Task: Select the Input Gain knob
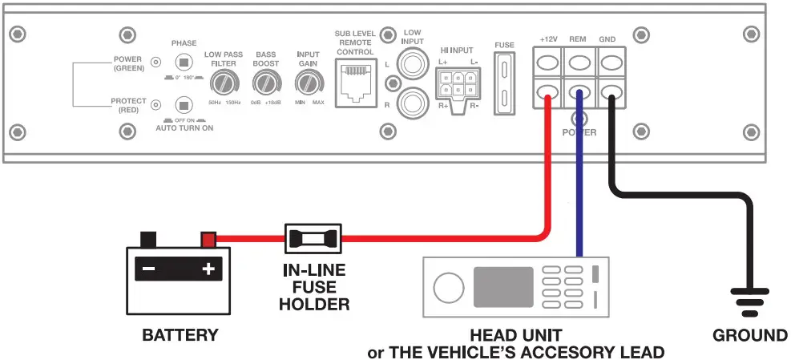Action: pyautogui.click(x=307, y=83)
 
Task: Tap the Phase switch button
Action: pyautogui.click(x=184, y=63)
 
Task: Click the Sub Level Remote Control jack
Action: pyautogui.click(x=353, y=80)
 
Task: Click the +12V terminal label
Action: pyautogui.click(x=548, y=38)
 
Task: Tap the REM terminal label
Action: pyautogui.click(x=578, y=38)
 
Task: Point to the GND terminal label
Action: pyautogui.click(x=608, y=38)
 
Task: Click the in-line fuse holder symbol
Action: pyautogui.click(x=313, y=237)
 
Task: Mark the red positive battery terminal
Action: pyautogui.click(x=208, y=239)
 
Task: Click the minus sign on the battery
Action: pyautogui.click(x=148, y=269)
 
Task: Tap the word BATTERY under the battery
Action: pyautogui.click(x=180, y=334)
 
